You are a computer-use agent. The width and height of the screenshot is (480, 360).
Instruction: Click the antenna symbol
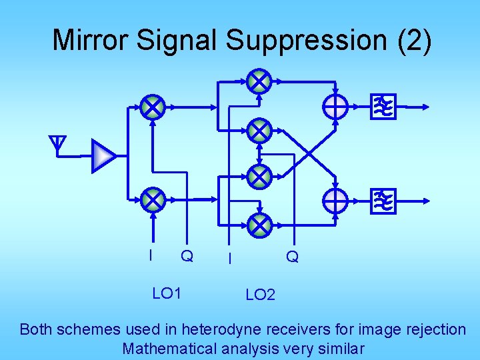(x=59, y=143)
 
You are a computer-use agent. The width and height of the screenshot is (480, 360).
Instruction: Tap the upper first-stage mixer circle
(x=153, y=106)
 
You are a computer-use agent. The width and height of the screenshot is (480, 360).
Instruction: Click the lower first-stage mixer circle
(x=153, y=198)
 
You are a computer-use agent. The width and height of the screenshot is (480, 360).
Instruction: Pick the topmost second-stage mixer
(x=259, y=82)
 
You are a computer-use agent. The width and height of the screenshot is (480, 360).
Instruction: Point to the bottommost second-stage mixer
(x=259, y=225)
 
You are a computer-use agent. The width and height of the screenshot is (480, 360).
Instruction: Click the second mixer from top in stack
(x=259, y=131)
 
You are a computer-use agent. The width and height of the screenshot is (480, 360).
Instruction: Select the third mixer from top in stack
(x=259, y=177)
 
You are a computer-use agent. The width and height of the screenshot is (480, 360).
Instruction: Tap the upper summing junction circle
(x=335, y=106)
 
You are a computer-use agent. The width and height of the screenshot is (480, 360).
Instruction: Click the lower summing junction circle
(x=335, y=199)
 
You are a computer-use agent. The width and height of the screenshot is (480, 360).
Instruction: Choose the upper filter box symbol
(x=383, y=106)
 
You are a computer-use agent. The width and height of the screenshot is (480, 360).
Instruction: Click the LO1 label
(x=167, y=293)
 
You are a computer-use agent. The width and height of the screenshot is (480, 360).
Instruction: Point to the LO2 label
(x=260, y=295)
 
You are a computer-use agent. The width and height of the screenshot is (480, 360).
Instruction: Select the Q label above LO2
(x=292, y=256)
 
